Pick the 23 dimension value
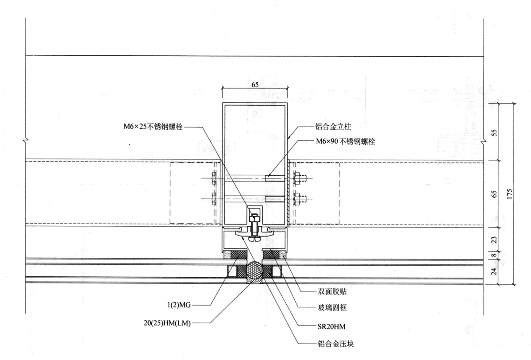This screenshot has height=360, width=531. [495, 240]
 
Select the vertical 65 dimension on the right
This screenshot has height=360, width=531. [495, 193]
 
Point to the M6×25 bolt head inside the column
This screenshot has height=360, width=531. [254, 217]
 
